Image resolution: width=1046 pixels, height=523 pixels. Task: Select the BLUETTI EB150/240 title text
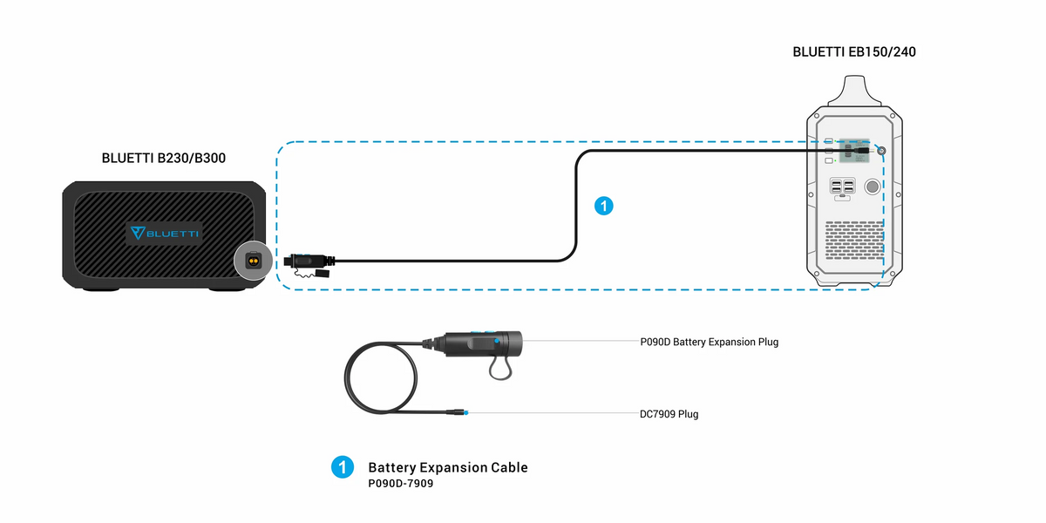pos(853,51)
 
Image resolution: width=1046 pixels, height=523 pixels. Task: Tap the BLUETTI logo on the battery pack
pos(164,233)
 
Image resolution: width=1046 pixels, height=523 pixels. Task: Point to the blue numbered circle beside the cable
pos(603,207)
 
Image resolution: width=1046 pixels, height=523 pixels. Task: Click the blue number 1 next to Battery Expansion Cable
pos(342,467)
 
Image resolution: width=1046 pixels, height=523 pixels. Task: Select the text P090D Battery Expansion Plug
pos(709,342)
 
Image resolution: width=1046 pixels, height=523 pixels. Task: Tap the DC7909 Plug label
pos(669,414)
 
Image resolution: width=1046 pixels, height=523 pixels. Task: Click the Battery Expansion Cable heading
pos(448,467)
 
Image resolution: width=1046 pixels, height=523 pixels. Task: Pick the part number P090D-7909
pos(401,483)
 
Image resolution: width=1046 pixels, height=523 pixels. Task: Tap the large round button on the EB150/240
pos(871,187)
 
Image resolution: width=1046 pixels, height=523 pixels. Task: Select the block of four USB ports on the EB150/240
pos(842,187)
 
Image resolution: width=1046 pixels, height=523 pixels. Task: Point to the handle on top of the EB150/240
pos(852,90)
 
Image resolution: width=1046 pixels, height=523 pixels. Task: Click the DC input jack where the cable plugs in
pos(882,152)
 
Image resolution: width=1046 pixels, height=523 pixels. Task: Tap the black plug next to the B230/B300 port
pos(305,259)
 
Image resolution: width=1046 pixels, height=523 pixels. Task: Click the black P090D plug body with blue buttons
pos(484,342)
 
